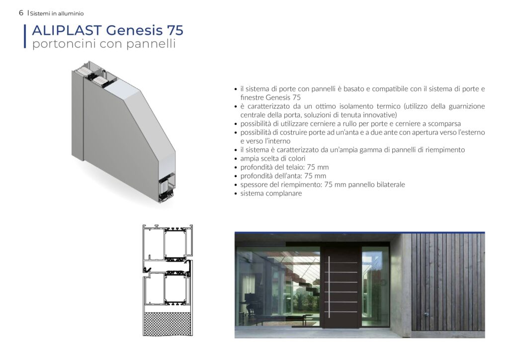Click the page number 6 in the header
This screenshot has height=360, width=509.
21,13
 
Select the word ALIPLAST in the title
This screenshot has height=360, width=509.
67,30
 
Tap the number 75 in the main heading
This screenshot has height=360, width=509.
175,30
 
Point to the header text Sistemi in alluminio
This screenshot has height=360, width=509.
57,13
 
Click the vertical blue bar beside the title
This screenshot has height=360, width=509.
25,36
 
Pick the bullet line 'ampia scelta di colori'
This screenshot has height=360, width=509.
273,159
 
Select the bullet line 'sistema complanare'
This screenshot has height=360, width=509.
271,193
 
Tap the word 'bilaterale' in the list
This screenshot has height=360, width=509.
391,184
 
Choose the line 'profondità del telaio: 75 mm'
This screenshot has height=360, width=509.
284,167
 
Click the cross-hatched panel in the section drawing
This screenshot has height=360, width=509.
168,324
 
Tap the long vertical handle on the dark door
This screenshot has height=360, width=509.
329,286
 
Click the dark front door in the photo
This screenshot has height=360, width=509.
340,286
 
